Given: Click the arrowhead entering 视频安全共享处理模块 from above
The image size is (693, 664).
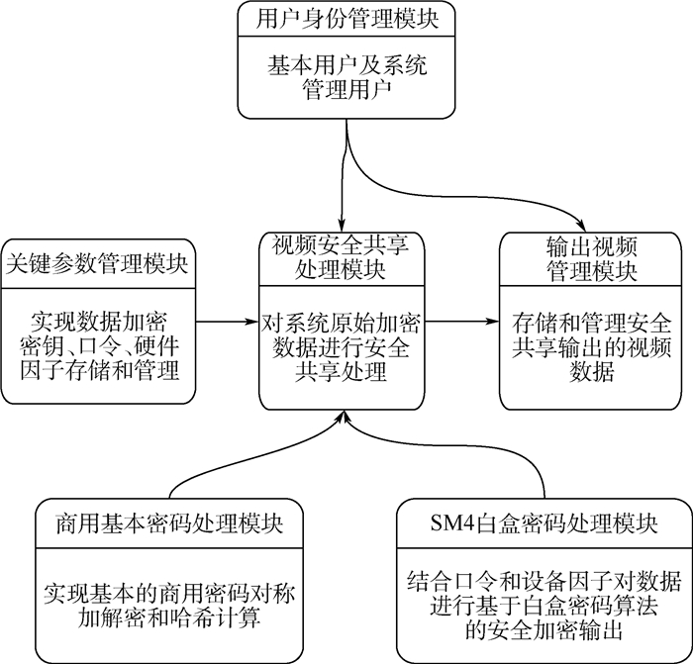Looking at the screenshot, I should click(x=342, y=223).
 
